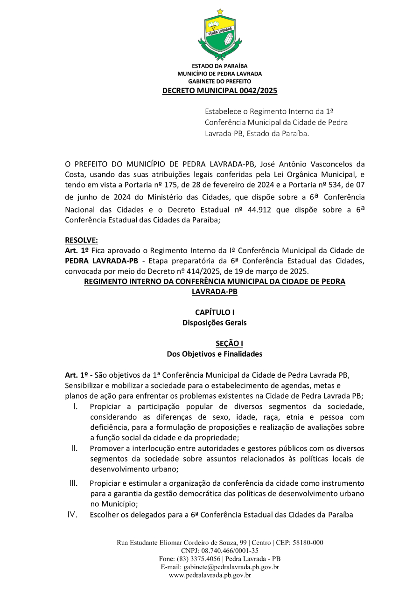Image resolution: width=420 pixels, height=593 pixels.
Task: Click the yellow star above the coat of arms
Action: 220,11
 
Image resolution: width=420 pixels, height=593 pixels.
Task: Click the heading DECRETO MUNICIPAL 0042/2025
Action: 219,90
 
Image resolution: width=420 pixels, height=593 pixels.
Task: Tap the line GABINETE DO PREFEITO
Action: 219,81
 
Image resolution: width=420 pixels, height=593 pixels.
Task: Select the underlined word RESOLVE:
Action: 82,241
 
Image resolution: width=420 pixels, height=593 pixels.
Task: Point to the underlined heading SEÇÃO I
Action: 229,344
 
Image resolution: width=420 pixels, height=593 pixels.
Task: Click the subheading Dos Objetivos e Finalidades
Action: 215,354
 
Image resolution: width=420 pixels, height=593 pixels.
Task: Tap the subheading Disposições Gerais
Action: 215,322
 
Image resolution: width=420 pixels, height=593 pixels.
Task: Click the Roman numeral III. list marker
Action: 73,483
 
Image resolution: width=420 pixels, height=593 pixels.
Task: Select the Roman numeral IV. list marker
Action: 72,515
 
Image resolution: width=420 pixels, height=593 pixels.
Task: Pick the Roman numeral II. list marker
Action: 74,448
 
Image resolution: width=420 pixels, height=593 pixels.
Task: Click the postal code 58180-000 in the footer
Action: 308,543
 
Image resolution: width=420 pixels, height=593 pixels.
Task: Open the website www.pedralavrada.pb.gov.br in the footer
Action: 210,575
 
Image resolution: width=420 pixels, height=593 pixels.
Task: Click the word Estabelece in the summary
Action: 222,111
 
